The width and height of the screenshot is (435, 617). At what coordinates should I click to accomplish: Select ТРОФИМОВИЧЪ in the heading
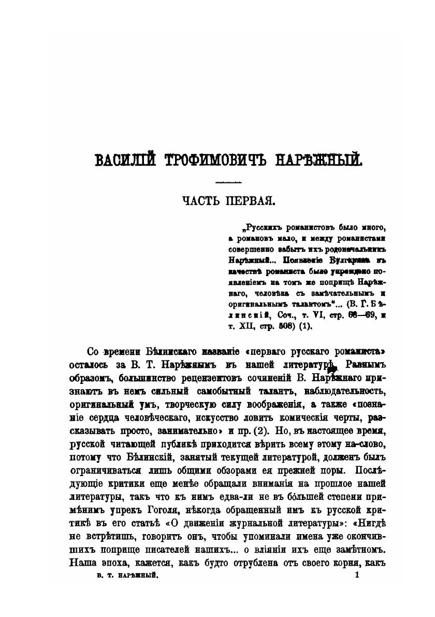click(207, 159)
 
